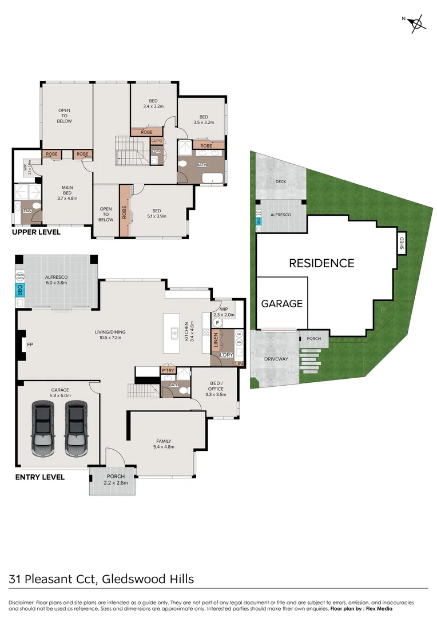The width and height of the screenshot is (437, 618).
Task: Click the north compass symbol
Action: [417, 23]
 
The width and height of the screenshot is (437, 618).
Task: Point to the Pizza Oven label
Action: [19, 276]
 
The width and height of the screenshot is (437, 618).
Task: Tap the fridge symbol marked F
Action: [217, 322]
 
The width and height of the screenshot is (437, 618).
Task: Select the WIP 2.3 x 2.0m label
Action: [224, 311]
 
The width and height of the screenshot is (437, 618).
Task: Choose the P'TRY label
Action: [168, 370]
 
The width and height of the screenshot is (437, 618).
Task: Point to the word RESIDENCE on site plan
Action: [321, 263]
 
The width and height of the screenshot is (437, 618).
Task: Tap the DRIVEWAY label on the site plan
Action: [276, 359]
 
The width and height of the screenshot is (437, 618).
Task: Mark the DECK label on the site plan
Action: [280, 181]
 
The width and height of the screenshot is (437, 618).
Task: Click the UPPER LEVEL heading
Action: [37, 233]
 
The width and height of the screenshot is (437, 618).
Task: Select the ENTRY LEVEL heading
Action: [39, 477]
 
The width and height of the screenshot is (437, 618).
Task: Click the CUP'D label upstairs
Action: [157, 141]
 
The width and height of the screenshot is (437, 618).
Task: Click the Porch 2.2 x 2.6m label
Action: [112, 480]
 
